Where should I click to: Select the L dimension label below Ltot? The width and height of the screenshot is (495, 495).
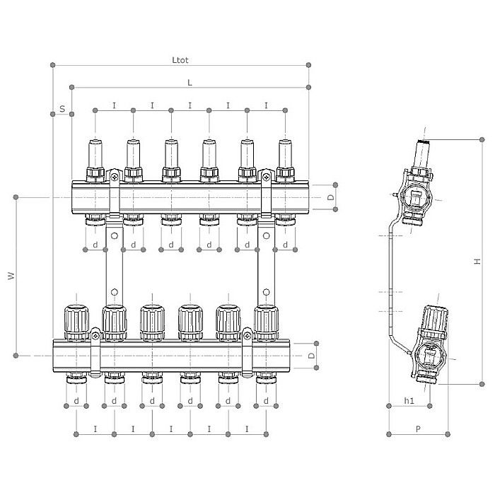click(190, 82)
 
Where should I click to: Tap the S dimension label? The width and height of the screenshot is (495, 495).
click(62, 109)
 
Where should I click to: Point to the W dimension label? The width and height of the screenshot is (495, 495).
click(11, 276)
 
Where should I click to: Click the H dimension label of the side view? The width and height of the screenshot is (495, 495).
click(477, 261)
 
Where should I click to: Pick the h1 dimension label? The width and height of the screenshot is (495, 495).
click(409, 401)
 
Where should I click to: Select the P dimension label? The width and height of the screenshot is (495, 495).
click(418, 428)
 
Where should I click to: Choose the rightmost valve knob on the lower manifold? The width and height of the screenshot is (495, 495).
click(266, 320)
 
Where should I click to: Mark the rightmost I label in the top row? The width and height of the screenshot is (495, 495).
click(266, 105)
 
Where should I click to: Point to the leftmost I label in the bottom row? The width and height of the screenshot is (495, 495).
click(95, 429)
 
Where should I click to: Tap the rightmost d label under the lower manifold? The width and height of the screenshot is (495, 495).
click(266, 401)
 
